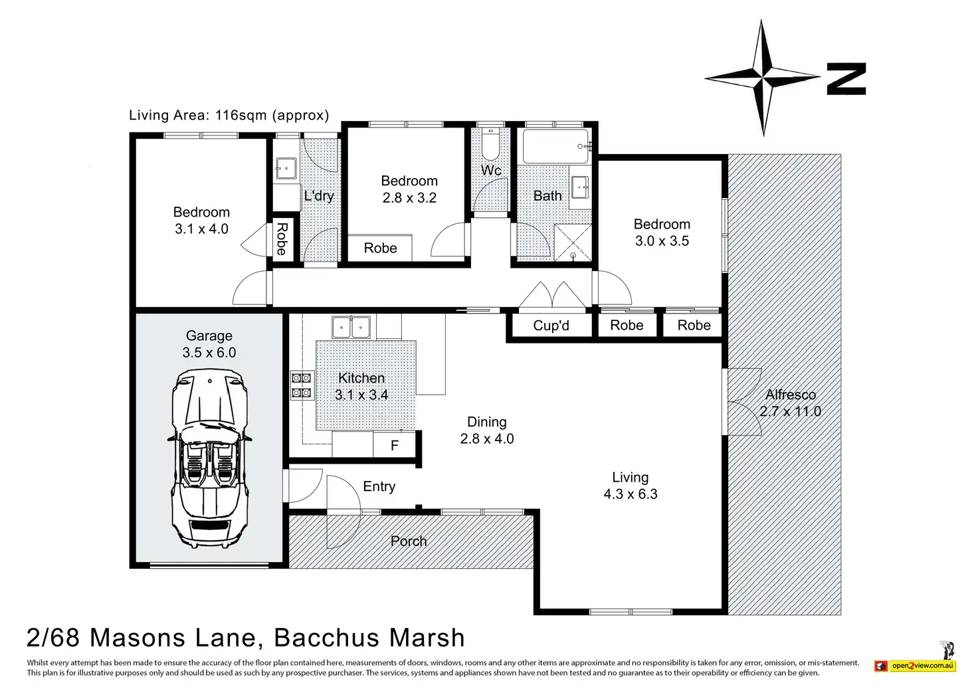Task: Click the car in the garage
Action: pos(209,458)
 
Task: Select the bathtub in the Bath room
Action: pos(556,146)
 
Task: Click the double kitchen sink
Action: pos(351,327)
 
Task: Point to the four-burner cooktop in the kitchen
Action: pos(302,385)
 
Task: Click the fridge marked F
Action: pos(394,444)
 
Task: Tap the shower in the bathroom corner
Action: pos(573,243)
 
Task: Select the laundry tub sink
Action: pos(286,169)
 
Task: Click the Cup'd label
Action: pos(551,326)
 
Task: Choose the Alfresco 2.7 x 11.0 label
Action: pos(790,403)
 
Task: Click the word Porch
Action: pos(409,542)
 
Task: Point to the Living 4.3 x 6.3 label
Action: pos(631,486)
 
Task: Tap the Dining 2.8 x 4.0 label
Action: pos(487,430)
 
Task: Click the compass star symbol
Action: pos(762,78)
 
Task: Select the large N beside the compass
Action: pos(846,78)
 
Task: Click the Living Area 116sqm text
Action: pos(229,115)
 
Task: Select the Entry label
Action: pos(379,486)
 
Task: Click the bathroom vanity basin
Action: pos(581,187)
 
